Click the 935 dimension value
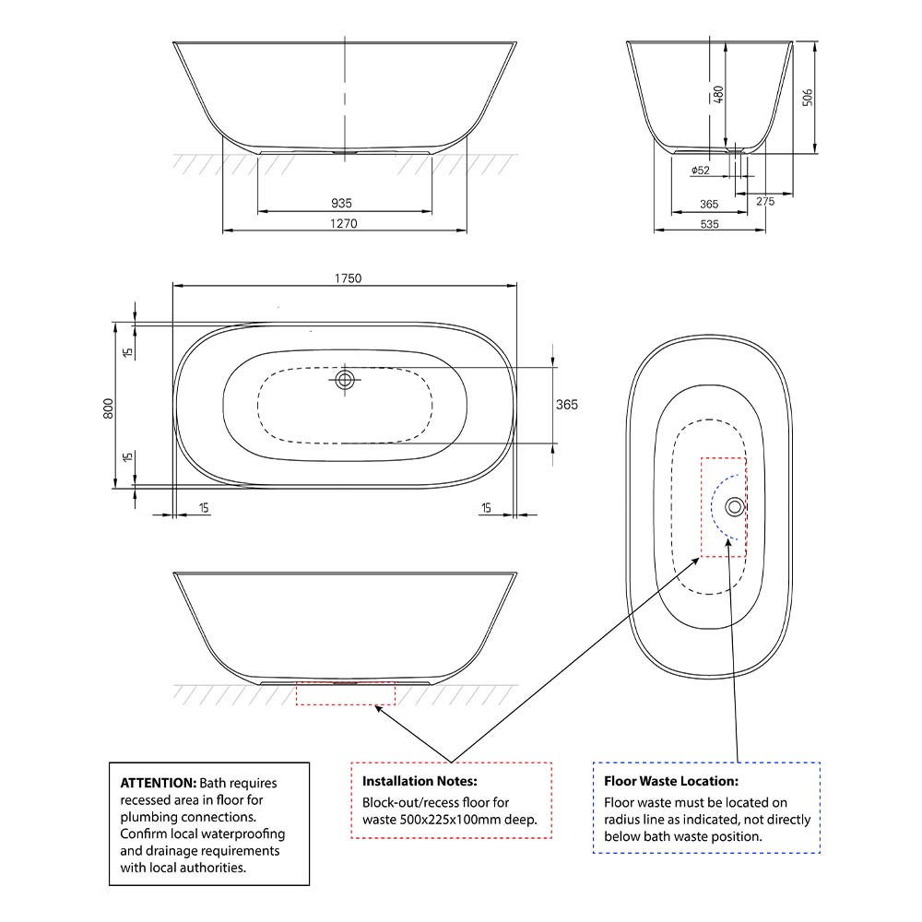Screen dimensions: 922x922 [341, 203]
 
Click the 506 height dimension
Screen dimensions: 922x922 [808, 97]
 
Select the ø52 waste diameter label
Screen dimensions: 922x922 [700, 171]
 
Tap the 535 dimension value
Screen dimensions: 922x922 [709, 224]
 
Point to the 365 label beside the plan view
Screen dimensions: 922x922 [567, 405]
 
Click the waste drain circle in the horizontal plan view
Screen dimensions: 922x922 [345, 379]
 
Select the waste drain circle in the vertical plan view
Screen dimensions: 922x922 [734, 506]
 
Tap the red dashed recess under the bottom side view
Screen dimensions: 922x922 [344, 693]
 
